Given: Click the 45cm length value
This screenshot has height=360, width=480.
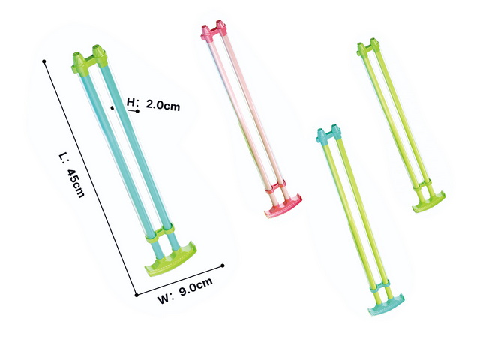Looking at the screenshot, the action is [75, 183].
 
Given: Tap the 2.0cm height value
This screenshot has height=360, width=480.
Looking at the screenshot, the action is [163, 105].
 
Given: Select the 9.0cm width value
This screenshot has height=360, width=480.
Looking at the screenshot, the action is [196, 286].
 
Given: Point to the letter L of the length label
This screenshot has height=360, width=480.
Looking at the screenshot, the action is [62, 157].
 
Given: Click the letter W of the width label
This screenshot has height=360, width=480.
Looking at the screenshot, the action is [163, 298].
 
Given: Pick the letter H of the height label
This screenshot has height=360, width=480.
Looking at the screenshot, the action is [131, 102].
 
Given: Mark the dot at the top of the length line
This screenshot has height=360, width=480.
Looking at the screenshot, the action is [44, 61].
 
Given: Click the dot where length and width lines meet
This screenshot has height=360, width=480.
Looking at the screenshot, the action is [136, 295].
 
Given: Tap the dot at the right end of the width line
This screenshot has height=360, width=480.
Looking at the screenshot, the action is [223, 265].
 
